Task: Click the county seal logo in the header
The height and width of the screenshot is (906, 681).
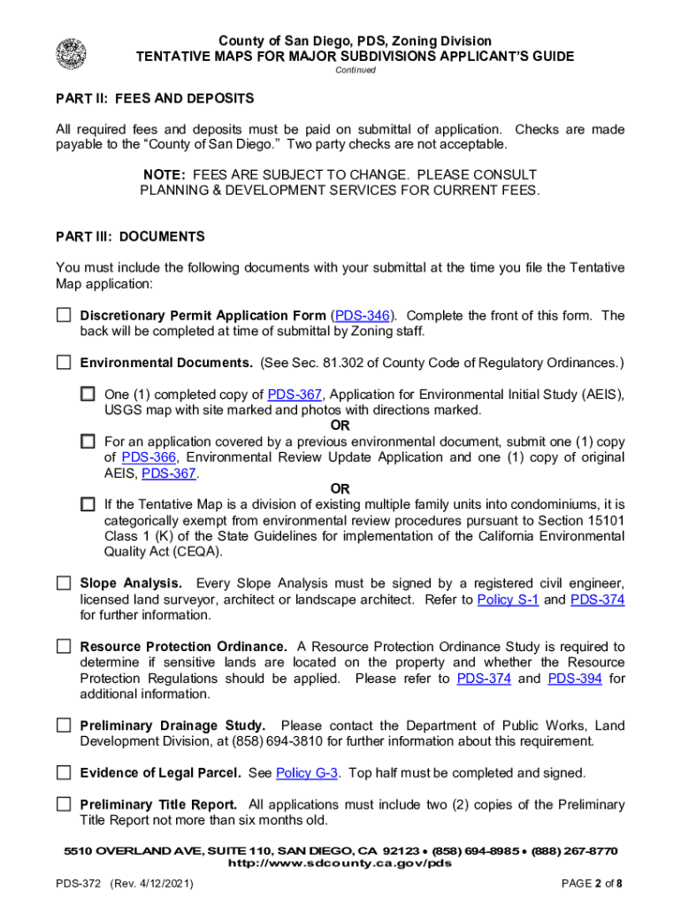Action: click(x=72, y=53)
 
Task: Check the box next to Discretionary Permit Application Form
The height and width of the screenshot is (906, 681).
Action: click(x=64, y=315)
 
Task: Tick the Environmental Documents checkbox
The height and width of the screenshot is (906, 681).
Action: click(x=64, y=363)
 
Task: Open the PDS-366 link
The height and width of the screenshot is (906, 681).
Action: click(x=149, y=457)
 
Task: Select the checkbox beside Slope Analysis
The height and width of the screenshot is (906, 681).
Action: click(x=64, y=583)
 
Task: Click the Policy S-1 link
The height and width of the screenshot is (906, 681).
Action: click(x=508, y=600)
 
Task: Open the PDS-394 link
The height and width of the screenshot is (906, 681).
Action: click(x=577, y=679)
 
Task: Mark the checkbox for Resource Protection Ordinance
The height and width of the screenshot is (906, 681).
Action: click(x=64, y=647)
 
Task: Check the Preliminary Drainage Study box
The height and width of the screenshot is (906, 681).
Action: click(x=64, y=726)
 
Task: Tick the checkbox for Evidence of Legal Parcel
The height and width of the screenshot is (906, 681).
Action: click(x=64, y=772)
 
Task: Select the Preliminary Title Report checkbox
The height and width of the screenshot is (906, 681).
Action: click(x=64, y=804)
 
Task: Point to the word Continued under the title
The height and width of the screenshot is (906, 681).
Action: click(x=355, y=71)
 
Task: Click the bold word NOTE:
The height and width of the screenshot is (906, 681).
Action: click(x=166, y=175)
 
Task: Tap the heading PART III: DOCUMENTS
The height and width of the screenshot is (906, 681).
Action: click(x=130, y=237)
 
